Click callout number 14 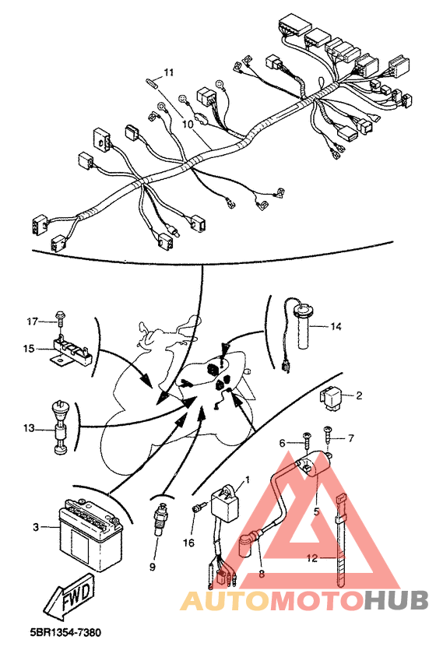click(x=336, y=326)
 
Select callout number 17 click(x=33, y=321)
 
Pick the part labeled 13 click(x=59, y=428)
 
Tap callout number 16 click(x=188, y=542)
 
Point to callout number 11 click(x=168, y=72)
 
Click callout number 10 click(x=188, y=123)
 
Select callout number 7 click(x=350, y=439)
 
